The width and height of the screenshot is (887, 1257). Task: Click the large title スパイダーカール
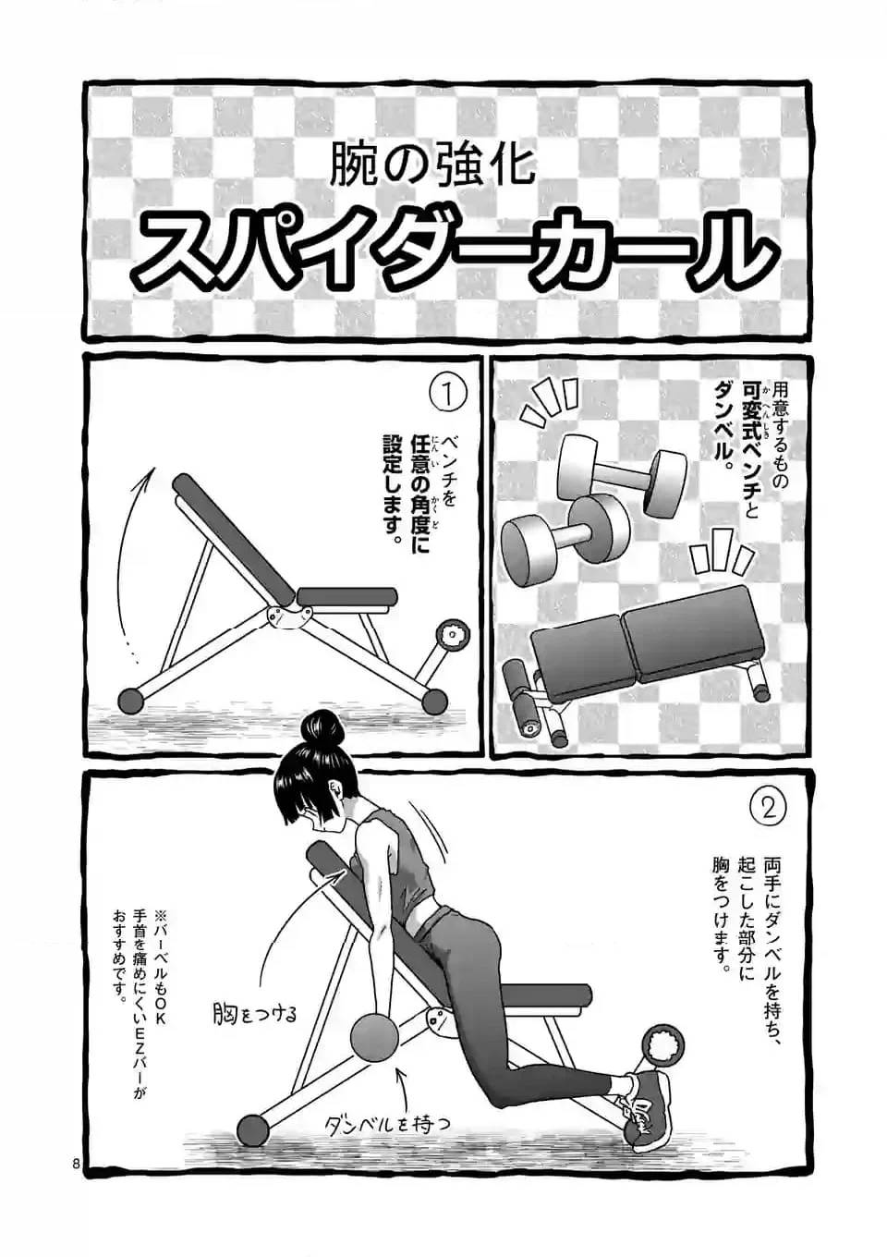(x=453, y=247)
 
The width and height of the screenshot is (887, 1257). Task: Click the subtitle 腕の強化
(x=434, y=165)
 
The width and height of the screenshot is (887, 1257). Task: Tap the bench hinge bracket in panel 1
(x=282, y=616)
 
